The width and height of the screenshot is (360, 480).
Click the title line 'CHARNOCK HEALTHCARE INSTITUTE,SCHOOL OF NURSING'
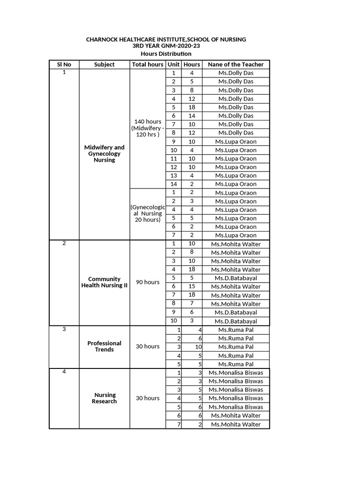166,40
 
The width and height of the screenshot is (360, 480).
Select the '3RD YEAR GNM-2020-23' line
166,46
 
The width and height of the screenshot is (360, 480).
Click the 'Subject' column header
104,65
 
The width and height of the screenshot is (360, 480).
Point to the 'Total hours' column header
148,65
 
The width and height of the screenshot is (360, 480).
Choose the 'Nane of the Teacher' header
236,65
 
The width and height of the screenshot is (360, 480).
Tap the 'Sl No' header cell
64,65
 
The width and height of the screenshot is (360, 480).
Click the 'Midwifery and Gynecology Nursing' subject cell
104,154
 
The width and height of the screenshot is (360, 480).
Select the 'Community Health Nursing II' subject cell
104,282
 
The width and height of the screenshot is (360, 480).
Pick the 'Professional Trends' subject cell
104,346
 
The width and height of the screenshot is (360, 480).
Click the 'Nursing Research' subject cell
104,398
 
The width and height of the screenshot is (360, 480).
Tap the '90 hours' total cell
148,282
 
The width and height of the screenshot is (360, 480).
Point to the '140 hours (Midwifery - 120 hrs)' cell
148,128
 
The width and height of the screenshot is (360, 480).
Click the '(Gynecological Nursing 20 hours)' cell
148,213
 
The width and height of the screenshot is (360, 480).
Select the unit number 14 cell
173,184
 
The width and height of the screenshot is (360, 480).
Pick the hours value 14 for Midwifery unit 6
192,116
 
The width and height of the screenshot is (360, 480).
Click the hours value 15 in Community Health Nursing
192,286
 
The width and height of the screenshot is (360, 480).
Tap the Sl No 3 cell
64,330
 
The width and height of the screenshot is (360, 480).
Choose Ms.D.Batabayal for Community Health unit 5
236,278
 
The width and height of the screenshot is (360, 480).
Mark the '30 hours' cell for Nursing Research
148,398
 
